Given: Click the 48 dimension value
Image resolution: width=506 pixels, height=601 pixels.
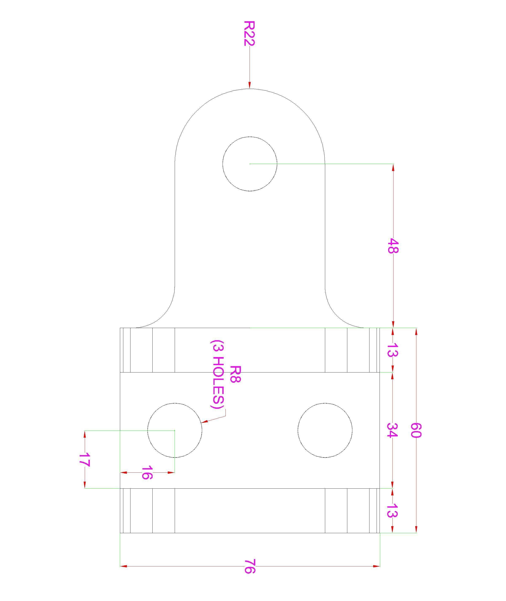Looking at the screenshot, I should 393,246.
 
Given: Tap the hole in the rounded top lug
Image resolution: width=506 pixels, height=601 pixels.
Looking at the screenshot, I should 250,164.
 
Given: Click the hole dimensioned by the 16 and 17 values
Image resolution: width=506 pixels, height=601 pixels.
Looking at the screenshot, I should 175,430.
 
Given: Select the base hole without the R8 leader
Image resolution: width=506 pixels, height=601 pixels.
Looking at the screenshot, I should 325,430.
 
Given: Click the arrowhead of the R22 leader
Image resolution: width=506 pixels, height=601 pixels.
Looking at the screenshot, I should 250,85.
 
